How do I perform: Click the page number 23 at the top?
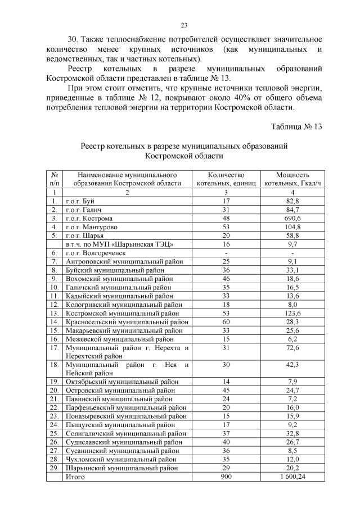pos(183,25)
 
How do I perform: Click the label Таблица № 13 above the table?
pos(296,126)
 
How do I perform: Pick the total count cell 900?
pos(226,477)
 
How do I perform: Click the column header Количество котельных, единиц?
pos(226,179)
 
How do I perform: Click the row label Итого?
pos(75,477)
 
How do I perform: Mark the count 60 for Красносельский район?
pos(226,322)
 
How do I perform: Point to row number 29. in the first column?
pos(55,468)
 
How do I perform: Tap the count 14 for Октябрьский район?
pos(226,382)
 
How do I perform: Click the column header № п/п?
pos(55,179)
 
